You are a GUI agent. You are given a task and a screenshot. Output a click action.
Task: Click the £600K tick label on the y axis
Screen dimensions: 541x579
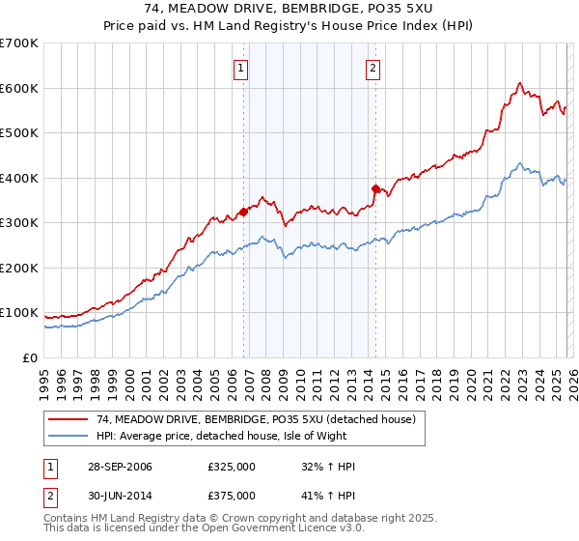click(x=19, y=88)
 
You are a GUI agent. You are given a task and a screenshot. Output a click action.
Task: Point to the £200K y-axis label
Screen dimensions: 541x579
click(x=19, y=268)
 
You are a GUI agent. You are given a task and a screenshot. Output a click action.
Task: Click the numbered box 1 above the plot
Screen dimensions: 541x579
click(x=239, y=68)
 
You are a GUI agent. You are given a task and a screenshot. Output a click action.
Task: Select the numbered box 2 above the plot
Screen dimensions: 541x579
click(x=372, y=68)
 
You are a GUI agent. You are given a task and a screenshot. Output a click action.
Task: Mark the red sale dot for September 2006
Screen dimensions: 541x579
click(x=243, y=212)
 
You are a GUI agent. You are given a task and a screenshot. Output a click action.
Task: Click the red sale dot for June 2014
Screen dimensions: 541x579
click(x=375, y=188)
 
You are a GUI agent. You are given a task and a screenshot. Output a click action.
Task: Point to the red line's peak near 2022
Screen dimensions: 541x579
click(x=519, y=83)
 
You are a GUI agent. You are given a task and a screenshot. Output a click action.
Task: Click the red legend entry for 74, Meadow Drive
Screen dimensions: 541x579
click(x=255, y=419)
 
